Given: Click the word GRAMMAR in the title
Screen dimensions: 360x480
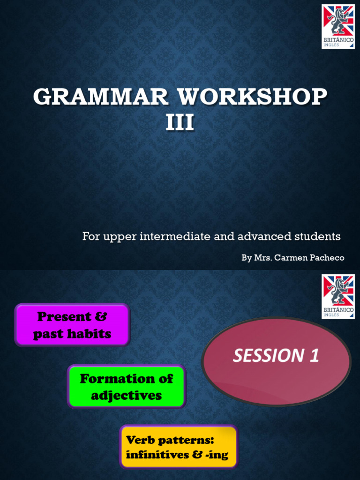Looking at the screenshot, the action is [101, 97].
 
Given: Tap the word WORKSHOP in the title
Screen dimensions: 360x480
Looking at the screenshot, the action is [253, 97].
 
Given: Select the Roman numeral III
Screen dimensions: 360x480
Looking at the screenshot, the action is [180, 123].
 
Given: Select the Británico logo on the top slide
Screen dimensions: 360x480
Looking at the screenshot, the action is [338, 27].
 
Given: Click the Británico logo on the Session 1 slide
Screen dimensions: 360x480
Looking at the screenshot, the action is [338, 296].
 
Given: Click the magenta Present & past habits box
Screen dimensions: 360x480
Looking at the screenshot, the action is [72, 325].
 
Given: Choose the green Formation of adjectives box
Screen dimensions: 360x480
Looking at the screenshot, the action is [127, 387].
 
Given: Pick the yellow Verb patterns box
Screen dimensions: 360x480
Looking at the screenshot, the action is [179, 447].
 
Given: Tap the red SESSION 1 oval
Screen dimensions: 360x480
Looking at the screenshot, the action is [276, 361].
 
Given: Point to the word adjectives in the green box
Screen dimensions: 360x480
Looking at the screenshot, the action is [127, 396].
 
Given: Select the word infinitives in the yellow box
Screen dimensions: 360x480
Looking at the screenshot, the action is [157, 455].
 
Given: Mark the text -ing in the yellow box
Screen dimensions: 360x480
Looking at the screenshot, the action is [217, 455].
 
